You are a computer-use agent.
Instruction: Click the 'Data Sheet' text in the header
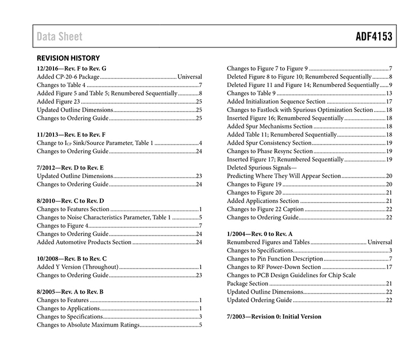[x=59, y=37]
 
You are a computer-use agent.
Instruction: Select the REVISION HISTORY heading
[x=68, y=58]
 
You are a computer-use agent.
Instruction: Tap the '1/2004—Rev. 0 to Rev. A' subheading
[x=261, y=233]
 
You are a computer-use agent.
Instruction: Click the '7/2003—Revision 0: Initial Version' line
[x=274, y=316]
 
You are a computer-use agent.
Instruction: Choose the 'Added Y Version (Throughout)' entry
[x=77, y=267]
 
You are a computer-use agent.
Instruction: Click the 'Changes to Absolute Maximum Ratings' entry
[x=88, y=325]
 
